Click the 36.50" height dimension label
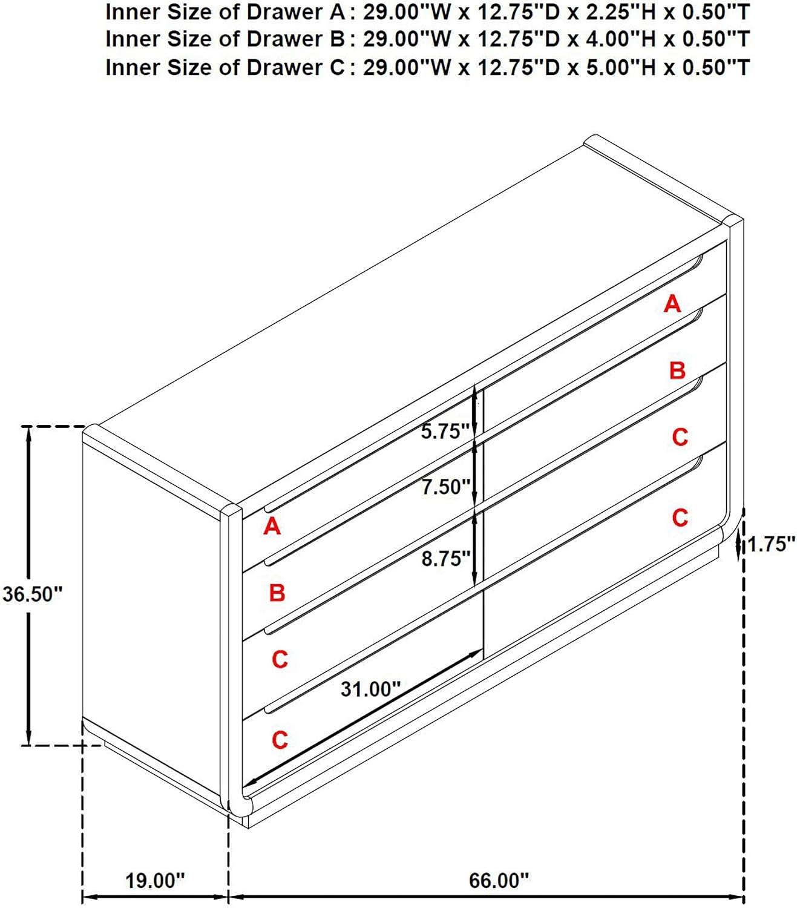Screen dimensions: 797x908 click(33, 594)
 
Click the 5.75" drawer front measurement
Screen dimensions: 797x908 click(445, 432)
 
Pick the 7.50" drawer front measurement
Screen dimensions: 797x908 click(446, 487)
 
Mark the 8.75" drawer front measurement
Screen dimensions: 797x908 click(446, 559)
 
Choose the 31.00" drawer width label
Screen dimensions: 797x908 click(370, 689)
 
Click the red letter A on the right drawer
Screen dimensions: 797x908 click(672, 304)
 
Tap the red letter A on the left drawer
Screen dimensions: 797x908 click(272, 526)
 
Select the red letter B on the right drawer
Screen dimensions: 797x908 click(677, 370)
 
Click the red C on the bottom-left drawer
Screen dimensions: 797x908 click(280, 740)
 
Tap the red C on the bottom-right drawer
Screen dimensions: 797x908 click(680, 518)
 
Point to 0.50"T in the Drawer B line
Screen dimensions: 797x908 click(715, 39)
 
